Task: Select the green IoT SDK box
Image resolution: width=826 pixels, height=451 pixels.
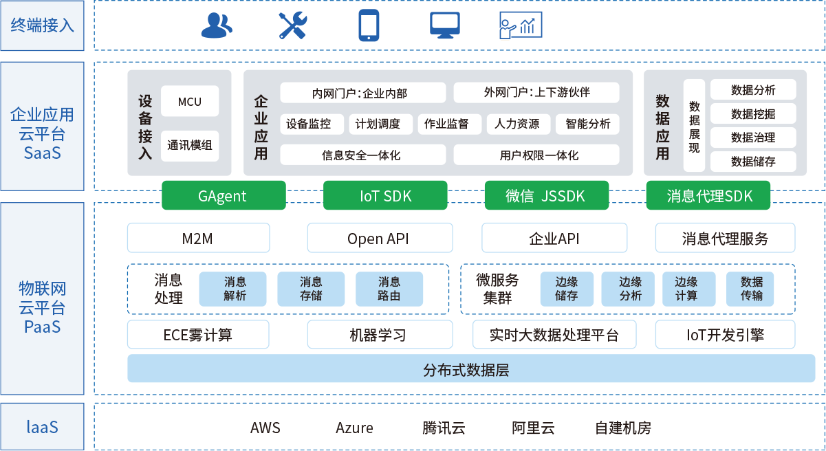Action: pos(385,196)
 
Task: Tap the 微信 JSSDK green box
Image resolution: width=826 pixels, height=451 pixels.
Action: pos(546,196)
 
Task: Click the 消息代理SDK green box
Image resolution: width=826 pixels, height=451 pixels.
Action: pos(709,196)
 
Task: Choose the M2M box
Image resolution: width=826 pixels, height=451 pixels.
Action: pos(198,239)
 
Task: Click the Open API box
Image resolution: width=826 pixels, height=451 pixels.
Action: pos(379,239)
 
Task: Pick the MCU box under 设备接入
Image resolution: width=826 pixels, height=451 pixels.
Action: pos(190,102)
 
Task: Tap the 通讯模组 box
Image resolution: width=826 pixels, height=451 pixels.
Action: pos(190,146)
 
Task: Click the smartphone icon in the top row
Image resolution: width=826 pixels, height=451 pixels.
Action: pos(368,26)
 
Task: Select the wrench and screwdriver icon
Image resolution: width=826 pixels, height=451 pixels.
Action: pos(293,26)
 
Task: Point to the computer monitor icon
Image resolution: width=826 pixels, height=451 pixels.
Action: pos(445,25)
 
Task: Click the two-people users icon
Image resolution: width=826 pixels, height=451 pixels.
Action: pos(217,26)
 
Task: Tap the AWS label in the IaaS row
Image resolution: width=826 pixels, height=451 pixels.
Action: pos(265,428)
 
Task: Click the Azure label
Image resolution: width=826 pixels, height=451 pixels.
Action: pos(354,428)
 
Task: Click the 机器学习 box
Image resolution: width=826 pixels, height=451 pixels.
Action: pos(379,335)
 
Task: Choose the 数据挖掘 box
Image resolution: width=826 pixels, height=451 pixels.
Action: pos(753,114)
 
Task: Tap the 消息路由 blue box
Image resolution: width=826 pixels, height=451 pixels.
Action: pos(389,289)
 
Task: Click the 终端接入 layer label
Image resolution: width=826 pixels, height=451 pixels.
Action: pos(42,26)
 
